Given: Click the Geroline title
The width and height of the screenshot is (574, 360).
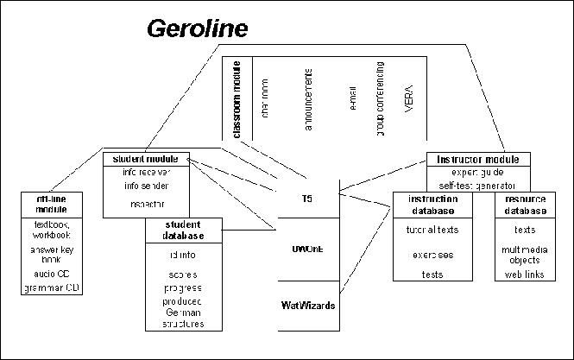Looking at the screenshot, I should (198, 29).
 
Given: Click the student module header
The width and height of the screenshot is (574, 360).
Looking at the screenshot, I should (145, 159).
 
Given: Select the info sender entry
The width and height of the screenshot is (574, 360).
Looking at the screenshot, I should (145, 185).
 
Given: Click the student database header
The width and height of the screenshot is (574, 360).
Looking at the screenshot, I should (183, 231).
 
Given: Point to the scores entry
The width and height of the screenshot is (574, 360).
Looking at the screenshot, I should (183, 274).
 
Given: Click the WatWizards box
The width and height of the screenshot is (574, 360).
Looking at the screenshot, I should (307, 305).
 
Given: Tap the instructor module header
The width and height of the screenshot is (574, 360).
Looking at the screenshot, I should (477, 160).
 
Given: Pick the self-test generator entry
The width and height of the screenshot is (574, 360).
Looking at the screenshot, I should (477, 185).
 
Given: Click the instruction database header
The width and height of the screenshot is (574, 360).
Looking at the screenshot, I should (432, 205).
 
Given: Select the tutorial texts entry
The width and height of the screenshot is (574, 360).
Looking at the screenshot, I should (432, 230).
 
